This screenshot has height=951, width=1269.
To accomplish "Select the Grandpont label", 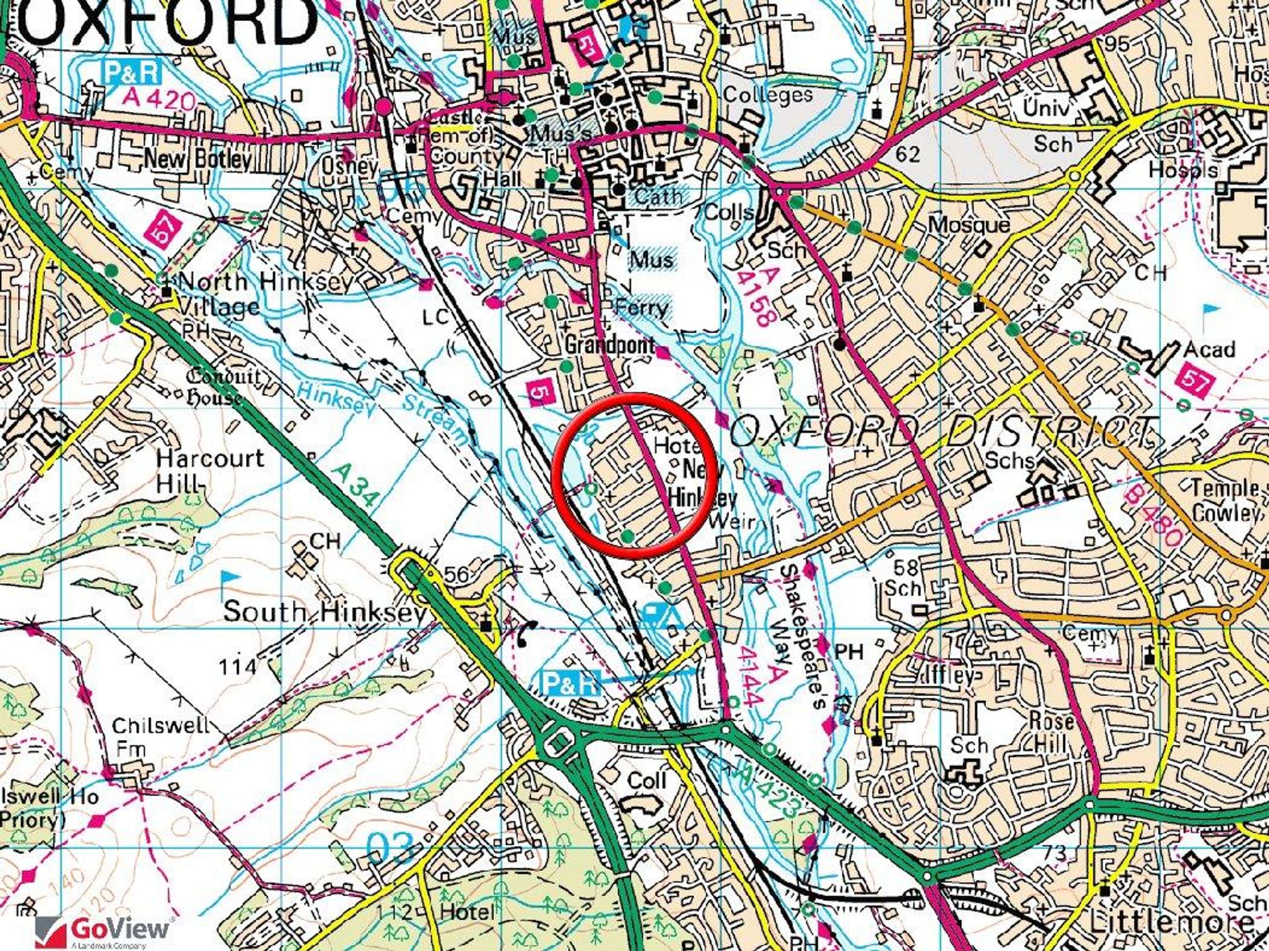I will click(x=609, y=345).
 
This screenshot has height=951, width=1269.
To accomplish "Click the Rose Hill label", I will click(x=1051, y=733).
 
